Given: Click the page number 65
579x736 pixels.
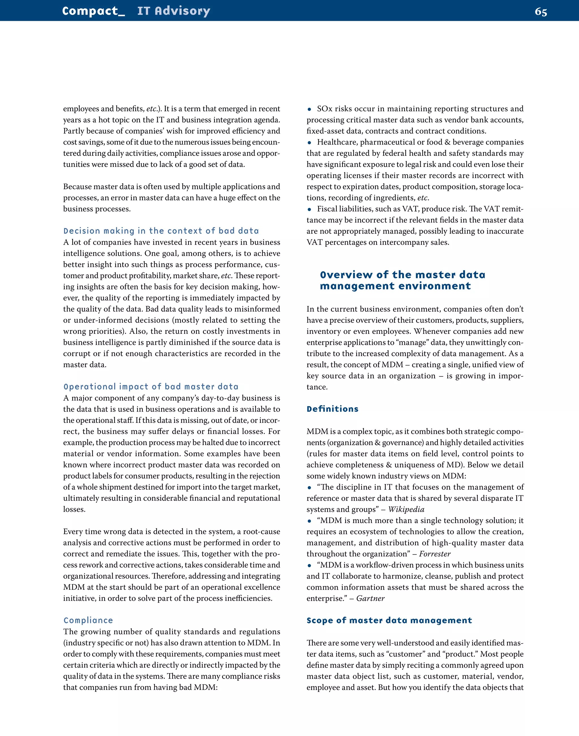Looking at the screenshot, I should tap(541, 12).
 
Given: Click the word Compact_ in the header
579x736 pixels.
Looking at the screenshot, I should tap(94, 11).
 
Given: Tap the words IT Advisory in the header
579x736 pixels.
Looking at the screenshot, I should tap(174, 11).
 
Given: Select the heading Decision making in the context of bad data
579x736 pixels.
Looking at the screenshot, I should tap(161, 231).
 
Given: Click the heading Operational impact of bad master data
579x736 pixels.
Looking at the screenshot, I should tap(151, 387).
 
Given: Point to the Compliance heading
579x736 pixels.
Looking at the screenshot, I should tap(88, 620).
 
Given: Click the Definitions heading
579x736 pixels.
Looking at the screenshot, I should tap(332, 409).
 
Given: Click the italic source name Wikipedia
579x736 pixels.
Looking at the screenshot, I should tap(406, 509).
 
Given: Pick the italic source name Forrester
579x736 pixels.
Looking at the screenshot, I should tap(435, 554).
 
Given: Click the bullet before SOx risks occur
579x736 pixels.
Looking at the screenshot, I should tap(309, 109).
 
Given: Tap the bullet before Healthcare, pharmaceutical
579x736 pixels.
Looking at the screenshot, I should tap(309, 143).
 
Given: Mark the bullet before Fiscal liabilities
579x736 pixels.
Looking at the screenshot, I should tap(309, 209).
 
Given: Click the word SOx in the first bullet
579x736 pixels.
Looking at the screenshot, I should tap(325, 109).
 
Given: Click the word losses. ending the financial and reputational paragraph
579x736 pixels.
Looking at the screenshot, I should tap(74, 509).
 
